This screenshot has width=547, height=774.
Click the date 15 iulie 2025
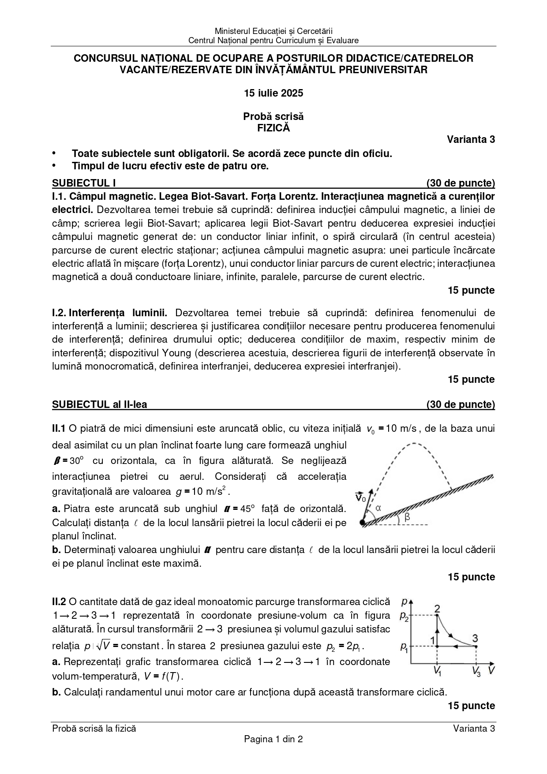tap(273, 93)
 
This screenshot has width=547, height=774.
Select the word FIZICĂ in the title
tap(273, 128)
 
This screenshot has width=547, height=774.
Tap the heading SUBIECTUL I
tap(84, 183)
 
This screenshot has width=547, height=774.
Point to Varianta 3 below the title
tap(471, 140)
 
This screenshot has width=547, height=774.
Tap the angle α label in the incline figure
tap(378, 508)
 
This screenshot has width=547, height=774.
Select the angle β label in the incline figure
tap(407, 517)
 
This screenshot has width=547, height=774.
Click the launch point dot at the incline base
tap(362, 523)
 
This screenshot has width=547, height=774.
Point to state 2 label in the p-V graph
tap(437, 609)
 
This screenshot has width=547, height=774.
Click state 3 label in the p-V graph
tap(475, 638)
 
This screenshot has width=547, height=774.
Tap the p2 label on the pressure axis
tap(404, 616)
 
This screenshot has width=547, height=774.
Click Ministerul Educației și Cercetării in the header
tap(273, 31)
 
